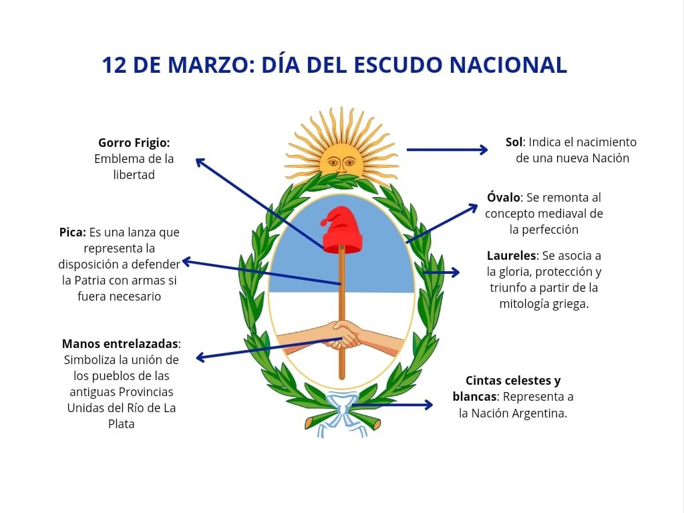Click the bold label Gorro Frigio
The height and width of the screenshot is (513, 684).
click(x=134, y=142)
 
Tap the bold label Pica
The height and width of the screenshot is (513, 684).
click(x=72, y=232)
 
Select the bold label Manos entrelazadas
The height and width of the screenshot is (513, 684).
click(x=121, y=343)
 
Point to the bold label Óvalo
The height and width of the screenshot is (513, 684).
click(x=504, y=198)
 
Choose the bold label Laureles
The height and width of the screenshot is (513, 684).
click(x=512, y=256)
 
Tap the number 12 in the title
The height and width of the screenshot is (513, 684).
click(x=114, y=65)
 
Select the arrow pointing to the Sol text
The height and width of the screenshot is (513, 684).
click(x=447, y=150)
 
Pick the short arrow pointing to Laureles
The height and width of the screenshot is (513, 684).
click(x=442, y=272)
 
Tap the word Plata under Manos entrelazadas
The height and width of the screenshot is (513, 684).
click(x=121, y=423)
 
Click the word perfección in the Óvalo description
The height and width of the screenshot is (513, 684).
click(x=544, y=230)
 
